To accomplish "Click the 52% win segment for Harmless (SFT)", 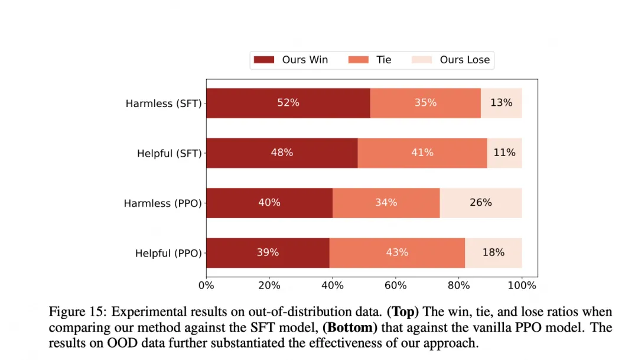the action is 288,103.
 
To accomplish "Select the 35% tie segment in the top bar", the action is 425,103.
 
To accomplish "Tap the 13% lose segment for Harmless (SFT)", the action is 502,103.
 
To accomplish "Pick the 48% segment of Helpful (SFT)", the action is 282,153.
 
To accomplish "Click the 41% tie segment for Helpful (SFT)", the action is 422,153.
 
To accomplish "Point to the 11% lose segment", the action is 504,153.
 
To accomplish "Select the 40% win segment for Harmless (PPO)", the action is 269,203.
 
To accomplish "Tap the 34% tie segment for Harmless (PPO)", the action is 386,203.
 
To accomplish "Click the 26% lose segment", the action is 481,203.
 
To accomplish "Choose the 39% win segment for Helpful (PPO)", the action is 268,253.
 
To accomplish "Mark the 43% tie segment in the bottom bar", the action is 397,253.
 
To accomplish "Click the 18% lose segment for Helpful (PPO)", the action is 493,253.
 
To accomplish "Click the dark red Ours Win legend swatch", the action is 264,60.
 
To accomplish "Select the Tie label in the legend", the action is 384,60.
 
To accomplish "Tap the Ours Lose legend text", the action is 465,60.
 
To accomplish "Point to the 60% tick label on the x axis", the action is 395,286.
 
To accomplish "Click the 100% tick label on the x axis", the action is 522,286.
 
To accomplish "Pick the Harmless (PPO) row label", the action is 163,203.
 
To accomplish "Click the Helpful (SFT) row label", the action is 170,154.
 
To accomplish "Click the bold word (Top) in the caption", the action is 402,312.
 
